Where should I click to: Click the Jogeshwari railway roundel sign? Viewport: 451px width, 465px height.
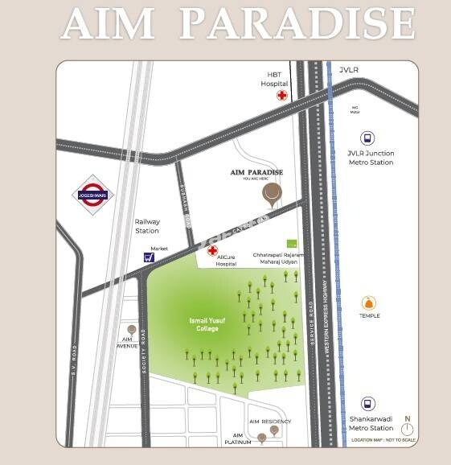93,193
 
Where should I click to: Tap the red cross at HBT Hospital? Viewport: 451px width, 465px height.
282,95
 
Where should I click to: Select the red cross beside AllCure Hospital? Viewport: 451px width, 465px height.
212,251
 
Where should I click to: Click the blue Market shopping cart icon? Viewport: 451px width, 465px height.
149,257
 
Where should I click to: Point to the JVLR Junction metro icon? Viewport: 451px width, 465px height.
368,138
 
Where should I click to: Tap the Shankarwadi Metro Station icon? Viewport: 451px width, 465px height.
368,404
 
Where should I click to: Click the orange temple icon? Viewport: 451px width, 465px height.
369,302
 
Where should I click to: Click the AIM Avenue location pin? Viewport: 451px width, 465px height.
131,330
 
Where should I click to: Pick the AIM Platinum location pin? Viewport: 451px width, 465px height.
262,438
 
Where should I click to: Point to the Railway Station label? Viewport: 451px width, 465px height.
147,226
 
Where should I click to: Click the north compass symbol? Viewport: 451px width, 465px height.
408,429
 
